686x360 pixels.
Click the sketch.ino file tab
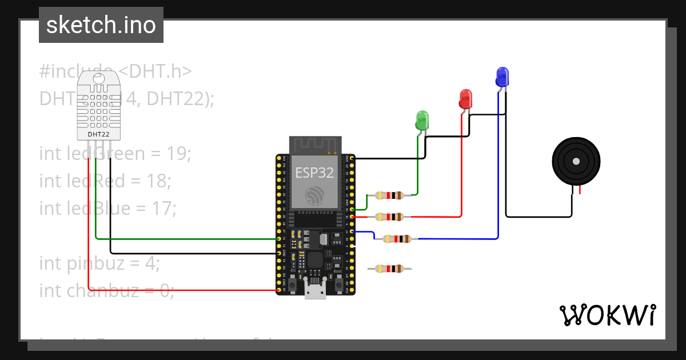pyautogui.click(x=101, y=25)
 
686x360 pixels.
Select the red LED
pyautogui.click(x=466, y=99)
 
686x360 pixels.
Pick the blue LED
pyautogui.click(x=502, y=77)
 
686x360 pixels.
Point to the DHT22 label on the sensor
pyautogui.click(x=99, y=134)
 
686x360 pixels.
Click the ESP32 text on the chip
pyautogui.click(x=314, y=173)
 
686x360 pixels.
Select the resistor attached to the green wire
pyautogui.click(x=389, y=195)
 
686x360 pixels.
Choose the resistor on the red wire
pyautogui.click(x=389, y=217)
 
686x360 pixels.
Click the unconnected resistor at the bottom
pyautogui.click(x=389, y=268)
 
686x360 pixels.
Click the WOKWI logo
pyautogui.click(x=607, y=315)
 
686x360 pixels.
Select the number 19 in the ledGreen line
pyautogui.click(x=177, y=154)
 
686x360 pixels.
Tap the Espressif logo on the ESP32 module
pyautogui.click(x=314, y=195)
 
